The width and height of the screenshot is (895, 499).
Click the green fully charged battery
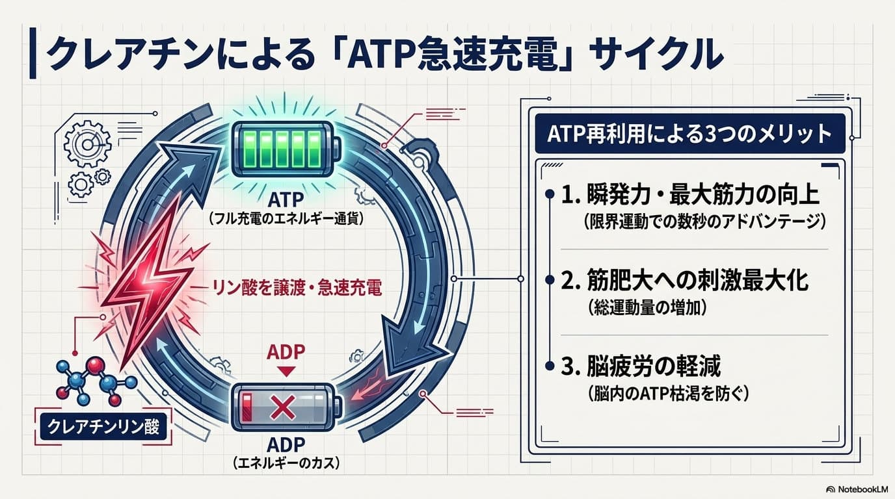click(x=286, y=149)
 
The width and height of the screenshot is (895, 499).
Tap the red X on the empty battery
click(x=283, y=407)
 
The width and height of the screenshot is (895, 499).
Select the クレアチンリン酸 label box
click(x=103, y=427)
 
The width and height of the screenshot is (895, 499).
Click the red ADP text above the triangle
click(x=286, y=352)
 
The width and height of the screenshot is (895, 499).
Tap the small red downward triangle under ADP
click(x=286, y=372)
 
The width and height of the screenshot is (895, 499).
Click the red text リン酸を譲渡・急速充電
click(x=297, y=288)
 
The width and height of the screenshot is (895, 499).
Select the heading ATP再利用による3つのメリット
click(x=689, y=134)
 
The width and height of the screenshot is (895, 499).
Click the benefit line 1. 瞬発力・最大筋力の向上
click(x=690, y=195)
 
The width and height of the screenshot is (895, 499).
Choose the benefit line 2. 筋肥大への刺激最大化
click(x=685, y=280)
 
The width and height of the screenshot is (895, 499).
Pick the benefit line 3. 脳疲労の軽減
click(x=641, y=366)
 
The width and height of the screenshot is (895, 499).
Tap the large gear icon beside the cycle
click(x=88, y=144)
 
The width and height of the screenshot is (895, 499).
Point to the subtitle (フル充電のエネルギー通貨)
click(x=286, y=218)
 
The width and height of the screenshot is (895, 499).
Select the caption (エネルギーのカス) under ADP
click(x=286, y=463)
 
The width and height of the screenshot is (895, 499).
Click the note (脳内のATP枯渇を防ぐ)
click(x=668, y=394)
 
